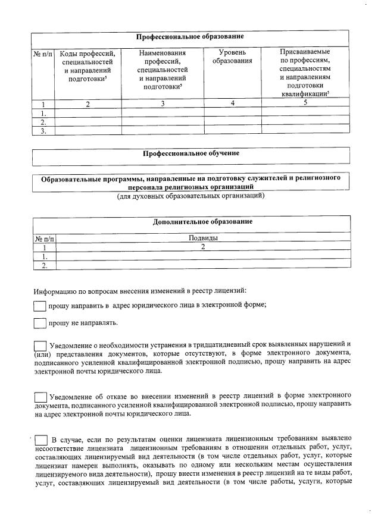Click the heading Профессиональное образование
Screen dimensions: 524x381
click(x=190, y=37)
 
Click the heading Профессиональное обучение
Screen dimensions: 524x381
click(x=190, y=153)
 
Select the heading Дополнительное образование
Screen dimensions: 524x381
click(x=202, y=222)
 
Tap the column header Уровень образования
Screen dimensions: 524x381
click(x=233, y=57)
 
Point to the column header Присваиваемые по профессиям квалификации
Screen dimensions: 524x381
click(x=305, y=73)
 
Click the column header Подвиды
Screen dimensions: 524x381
click(x=202, y=238)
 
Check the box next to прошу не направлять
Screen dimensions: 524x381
click(x=40, y=324)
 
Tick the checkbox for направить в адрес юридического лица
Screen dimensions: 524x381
click(x=40, y=306)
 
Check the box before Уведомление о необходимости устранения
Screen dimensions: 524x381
click(x=40, y=346)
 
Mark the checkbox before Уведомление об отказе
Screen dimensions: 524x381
click(x=40, y=397)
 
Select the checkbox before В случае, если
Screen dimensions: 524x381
click(x=42, y=440)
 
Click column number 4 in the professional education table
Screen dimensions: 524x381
click(x=233, y=103)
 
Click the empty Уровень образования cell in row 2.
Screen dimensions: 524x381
click(x=233, y=121)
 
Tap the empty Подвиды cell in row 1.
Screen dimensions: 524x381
click(x=202, y=256)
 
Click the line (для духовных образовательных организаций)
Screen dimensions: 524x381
click(x=190, y=195)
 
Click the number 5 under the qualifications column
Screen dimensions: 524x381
click(x=305, y=103)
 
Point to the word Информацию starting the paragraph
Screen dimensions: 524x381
click(x=53, y=291)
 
